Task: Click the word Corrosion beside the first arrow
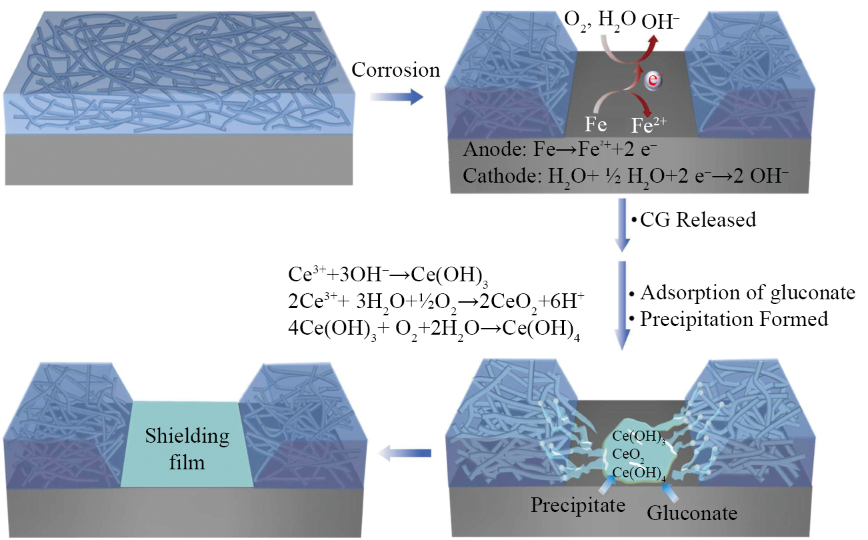pyautogui.click(x=396, y=70)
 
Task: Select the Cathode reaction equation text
pyautogui.click(x=625, y=176)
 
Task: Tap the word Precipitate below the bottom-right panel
pyautogui.click(x=578, y=505)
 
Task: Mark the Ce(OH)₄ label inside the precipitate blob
pyautogui.click(x=636, y=471)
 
